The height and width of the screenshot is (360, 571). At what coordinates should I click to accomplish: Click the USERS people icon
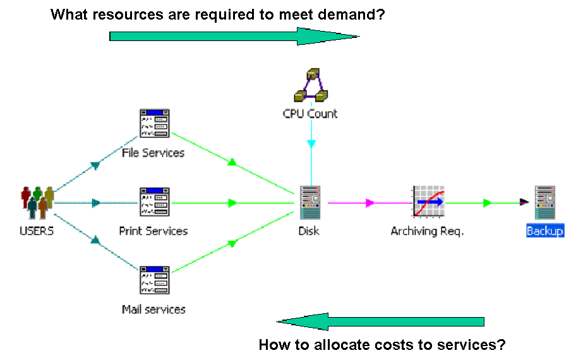click(x=37, y=203)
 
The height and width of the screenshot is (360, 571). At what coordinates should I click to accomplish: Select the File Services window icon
click(x=155, y=123)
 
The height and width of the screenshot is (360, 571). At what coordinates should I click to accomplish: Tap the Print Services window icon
click(x=155, y=202)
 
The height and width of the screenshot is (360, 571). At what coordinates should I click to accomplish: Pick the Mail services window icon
click(x=155, y=280)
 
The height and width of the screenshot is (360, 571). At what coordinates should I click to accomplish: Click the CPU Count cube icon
click(x=311, y=85)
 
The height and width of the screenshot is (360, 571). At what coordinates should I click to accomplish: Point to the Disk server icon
click(x=310, y=202)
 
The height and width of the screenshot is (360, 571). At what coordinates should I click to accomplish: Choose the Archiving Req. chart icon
click(x=429, y=202)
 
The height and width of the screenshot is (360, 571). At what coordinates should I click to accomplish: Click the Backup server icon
click(x=544, y=202)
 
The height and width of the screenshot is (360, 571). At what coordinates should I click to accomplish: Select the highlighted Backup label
click(x=545, y=231)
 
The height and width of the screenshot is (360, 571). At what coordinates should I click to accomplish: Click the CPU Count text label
click(x=310, y=114)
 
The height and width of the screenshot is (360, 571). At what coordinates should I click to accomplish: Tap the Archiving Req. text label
click(x=427, y=231)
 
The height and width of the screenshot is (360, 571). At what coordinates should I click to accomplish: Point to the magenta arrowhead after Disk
click(x=370, y=203)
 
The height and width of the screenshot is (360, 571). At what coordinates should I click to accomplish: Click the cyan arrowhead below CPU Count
click(x=311, y=144)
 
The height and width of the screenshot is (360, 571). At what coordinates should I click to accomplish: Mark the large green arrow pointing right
click(x=234, y=36)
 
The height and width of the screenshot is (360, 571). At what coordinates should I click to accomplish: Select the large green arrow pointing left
click(x=380, y=321)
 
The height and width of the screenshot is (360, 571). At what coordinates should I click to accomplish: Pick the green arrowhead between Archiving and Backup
click(x=487, y=203)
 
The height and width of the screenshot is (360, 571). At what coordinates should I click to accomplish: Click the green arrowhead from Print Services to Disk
click(x=232, y=203)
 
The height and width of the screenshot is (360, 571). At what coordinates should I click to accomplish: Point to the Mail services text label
click(x=153, y=309)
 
